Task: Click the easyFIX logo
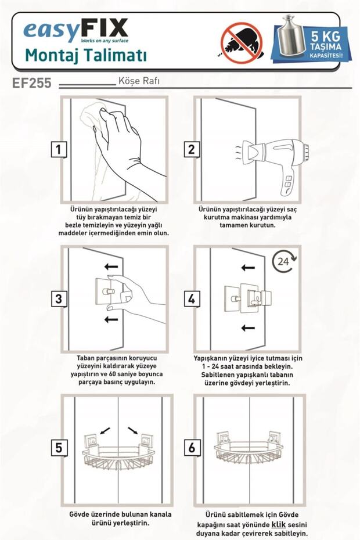click(x=75, y=30)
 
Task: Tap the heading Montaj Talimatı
click(x=86, y=55)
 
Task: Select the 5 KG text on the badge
click(x=325, y=36)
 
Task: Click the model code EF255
click(x=32, y=82)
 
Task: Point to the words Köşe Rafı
click(x=139, y=81)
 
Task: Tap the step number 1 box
click(x=59, y=149)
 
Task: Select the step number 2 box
click(x=191, y=149)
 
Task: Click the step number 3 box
click(x=59, y=298)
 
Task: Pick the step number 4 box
click(x=192, y=298)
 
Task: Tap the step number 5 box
click(x=59, y=448)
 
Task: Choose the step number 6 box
click(x=192, y=448)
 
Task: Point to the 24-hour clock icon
click(x=284, y=261)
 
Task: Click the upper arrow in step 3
click(x=111, y=266)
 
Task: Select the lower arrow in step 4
click(x=248, y=328)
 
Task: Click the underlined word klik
click(x=279, y=525)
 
